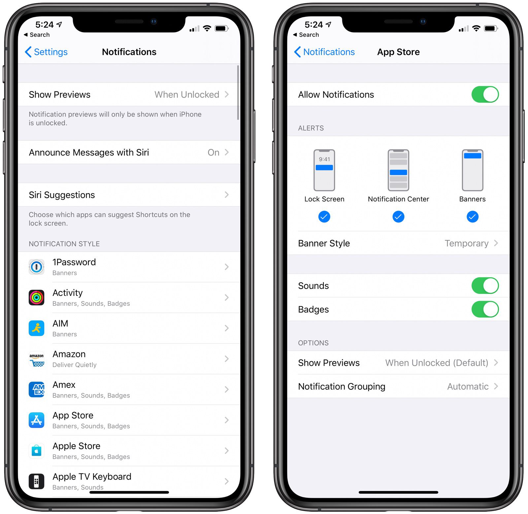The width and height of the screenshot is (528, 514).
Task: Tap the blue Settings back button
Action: pos(46,52)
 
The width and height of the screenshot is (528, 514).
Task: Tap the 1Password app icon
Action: pos(37,267)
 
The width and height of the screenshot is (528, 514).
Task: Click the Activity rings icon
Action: pos(37,297)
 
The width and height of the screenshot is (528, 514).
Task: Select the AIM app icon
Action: pos(37,328)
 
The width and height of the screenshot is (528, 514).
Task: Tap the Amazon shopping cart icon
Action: pos(37,359)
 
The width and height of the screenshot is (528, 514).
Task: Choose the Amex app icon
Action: pos(37,390)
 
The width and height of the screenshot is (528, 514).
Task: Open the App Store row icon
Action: pos(37,420)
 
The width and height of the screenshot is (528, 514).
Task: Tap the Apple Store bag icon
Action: pos(37,451)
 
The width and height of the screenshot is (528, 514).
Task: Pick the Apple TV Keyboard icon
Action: pos(37,481)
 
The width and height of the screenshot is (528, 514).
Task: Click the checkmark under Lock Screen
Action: pos(324,217)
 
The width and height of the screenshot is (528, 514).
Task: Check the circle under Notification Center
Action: pos(398,217)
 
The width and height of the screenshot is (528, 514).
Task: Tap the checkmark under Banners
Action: pos(472,217)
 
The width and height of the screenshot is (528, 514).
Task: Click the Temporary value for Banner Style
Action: pos(466,243)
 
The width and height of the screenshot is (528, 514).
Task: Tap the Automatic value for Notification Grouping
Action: pos(468,386)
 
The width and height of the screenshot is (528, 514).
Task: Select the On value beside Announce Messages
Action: pos(214,152)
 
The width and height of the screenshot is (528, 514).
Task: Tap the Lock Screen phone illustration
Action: pos(324,170)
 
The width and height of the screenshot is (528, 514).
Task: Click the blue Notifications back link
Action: pos(324,52)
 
